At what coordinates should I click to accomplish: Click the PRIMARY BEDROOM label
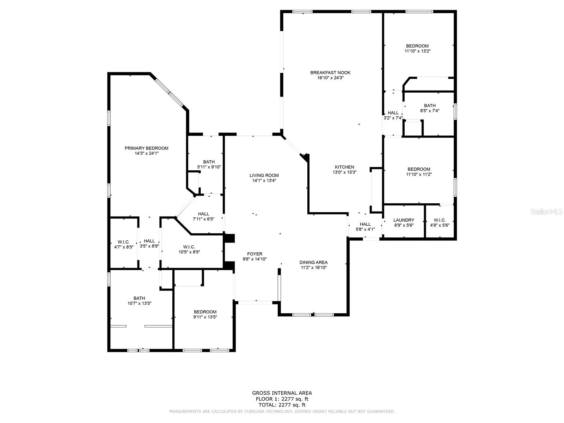pos(146,148)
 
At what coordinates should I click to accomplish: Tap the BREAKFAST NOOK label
pos(330,73)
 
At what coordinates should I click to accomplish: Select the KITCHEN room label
pos(344,167)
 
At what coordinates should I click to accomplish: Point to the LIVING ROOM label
pos(264,176)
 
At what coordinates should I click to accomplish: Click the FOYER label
pos(255,254)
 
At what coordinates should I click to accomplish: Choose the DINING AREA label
pos(313,262)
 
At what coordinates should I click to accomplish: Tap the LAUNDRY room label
pos(404,220)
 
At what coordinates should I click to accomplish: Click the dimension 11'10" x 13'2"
pos(417,51)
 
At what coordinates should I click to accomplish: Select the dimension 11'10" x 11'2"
pos(419,174)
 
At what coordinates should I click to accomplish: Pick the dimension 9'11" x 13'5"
pos(205,317)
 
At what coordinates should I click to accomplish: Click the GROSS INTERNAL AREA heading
pos(282,393)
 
